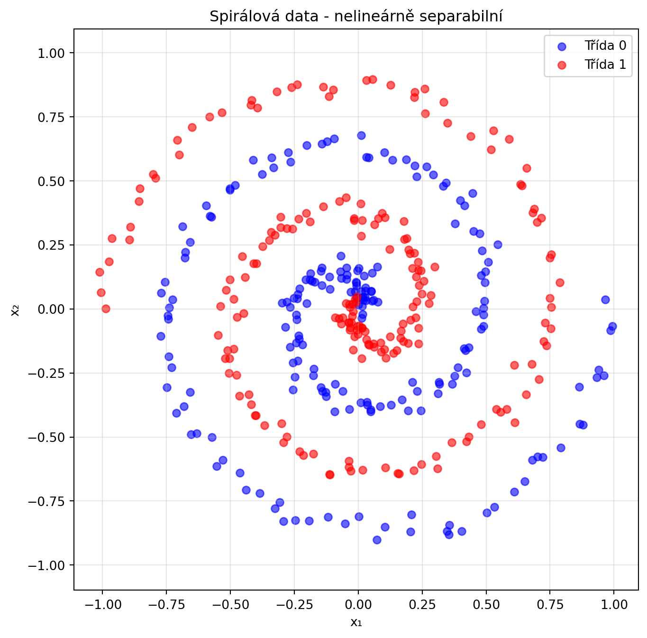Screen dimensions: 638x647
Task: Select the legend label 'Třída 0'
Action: coord(605,46)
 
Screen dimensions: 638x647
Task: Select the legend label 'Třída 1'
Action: coord(605,65)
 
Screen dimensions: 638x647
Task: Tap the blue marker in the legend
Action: coord(562,46)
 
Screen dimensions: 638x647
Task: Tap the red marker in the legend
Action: coord(562,65)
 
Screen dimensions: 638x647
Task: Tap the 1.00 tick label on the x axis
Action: coord(614,605)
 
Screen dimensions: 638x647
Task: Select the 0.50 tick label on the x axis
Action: coord(486,605)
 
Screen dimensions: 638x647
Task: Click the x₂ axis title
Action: coord(16,310)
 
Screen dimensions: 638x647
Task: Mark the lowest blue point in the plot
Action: coord(377,540)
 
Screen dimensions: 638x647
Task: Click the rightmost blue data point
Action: coord(612,326)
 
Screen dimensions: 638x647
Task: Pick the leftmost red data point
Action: coord(100,272)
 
